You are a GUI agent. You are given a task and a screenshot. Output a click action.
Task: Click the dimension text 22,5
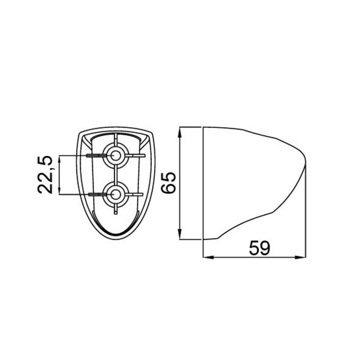tap(47, 174)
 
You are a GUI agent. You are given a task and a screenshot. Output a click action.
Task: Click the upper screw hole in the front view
tap(115, 154)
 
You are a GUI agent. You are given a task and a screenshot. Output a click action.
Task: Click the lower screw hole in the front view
tap(115, 194)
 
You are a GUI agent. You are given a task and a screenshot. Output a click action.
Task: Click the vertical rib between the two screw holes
tap(115, 174)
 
